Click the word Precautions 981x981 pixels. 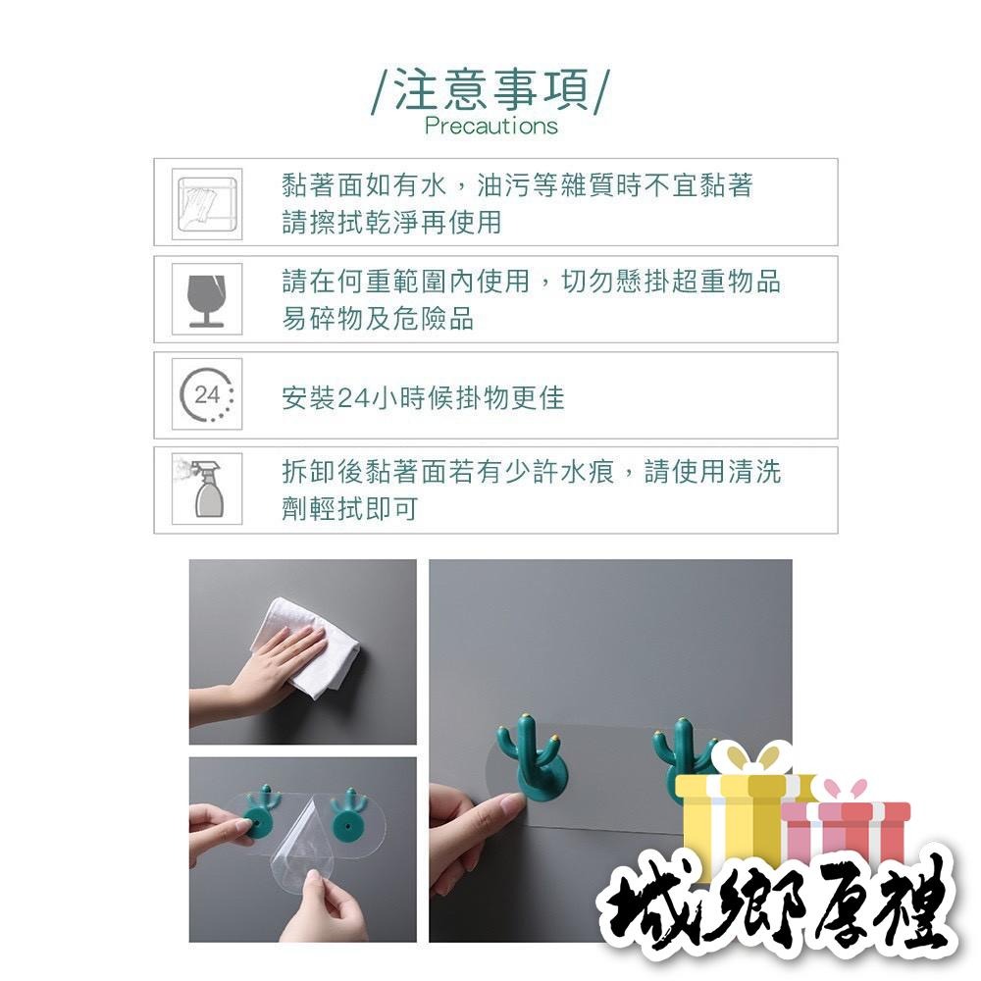[490, 126]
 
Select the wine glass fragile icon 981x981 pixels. [207, 299]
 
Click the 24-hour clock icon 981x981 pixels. [207, 395]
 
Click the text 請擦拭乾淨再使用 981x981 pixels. [391, 223]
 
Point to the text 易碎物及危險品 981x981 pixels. [378, 319]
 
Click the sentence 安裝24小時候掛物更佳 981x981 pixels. [423, 397]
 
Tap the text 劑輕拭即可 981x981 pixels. [349, 511]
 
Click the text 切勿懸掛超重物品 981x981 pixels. [671, 283]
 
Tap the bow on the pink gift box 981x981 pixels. [846, 790]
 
